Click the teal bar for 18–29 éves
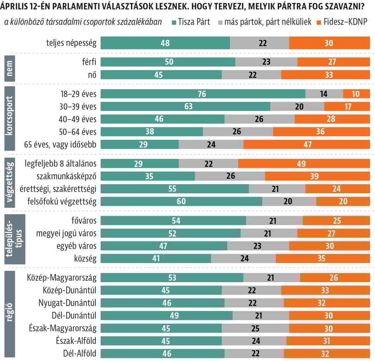click(203, 94)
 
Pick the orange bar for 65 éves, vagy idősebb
click(306, 144)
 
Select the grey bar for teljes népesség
click(259, 43)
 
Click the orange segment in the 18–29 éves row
click(356, 94)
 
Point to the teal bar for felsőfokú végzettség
click(181, 201)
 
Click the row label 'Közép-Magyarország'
click(67, 278)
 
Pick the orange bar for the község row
click(323, 258)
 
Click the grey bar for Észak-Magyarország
click(255, 328)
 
